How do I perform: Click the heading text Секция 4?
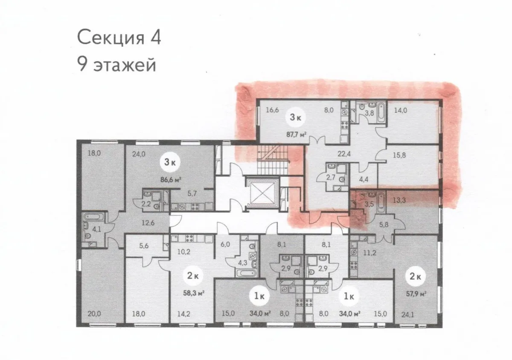pyautogui.click(x=119, y=38)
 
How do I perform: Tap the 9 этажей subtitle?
pyautogui.click(x=116, y=64)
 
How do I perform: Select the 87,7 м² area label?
pyautogui.click(x=296, y=134)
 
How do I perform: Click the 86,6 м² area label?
pyautogui.click(x=171, y=179)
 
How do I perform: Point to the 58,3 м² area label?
pyautogui.click(x=194, y=293)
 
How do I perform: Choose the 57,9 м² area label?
pyautogui.click(x=416, y=294)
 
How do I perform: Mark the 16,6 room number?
pyautogui.click(x=272, y=110)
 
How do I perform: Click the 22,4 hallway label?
pyautogui.click(x=344, y=154)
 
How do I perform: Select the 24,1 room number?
pyautogui.click(x=408, y=315)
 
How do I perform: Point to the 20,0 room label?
pyautogui.click(x=94, y=313)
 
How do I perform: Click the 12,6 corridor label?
pyautogui.click(x=148, y=222)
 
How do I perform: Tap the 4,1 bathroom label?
pyautogui.click(x=97, y=229)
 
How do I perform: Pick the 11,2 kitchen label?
pyautogui.click(x=369, y=253)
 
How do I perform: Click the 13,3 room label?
pyautogui.click(x=399, y=200)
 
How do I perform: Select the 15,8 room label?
pyautogui.click(x=399, y=155)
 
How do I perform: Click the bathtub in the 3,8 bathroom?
pyautogui.click(x=381, y=113)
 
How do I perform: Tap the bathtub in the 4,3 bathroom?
pyautogui.click(x=246, y=273)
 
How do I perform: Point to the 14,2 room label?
pyautogui.click(x=184, y=313)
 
